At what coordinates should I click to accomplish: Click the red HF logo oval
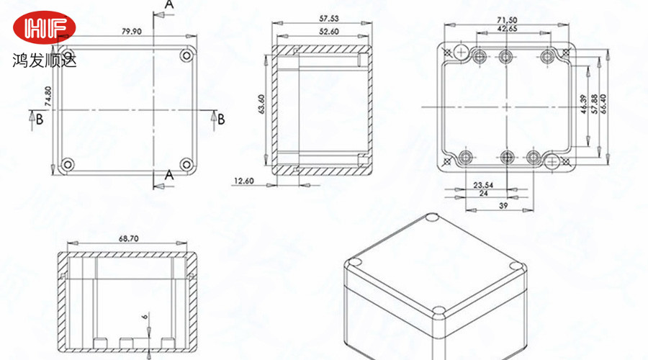pos(44,27)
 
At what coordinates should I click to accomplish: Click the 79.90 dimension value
pos(132,32)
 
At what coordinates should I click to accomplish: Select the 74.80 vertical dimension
pos(48,96)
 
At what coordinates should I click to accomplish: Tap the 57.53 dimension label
pos(328,19)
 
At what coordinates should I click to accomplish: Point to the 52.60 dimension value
pos(328,32)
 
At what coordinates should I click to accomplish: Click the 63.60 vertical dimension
pos(261,104)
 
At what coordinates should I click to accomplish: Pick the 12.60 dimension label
pos(244,181)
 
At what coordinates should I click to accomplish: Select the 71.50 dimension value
pos(507,20)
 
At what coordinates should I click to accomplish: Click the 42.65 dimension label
pos(507,29)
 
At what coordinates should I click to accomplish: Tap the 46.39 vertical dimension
pos(583,104)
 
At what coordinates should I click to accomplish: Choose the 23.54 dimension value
pos(483,185)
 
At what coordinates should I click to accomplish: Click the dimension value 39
pos(503,205)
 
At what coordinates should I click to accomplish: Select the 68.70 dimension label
pos(129,238)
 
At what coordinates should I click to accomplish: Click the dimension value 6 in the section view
pos(144,317)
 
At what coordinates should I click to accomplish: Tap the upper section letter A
pos(169,4)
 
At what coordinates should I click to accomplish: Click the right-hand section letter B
pos(221,120)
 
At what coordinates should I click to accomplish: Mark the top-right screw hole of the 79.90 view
pos(186,55)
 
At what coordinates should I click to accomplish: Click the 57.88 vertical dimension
pos(594,104)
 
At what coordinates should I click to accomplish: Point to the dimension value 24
pos(483,193)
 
